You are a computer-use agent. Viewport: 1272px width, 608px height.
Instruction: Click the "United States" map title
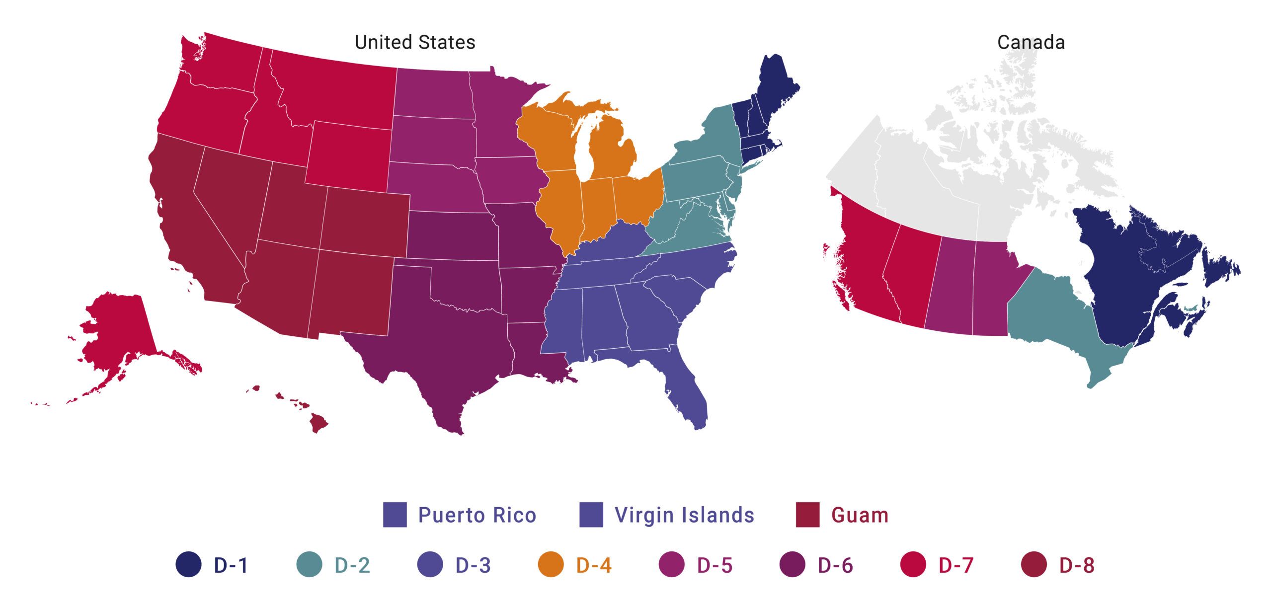tap(415, 43)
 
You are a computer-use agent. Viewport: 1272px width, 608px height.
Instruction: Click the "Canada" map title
tap(1031, 43)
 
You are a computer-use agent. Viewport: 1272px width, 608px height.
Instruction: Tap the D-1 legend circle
tap(189, 565)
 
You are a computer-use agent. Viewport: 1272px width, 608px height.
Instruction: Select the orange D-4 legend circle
tap(551, 565)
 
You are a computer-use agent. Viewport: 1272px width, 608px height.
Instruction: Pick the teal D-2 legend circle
tap(309, 565)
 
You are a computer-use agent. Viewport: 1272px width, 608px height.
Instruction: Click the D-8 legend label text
tap(1077, 565)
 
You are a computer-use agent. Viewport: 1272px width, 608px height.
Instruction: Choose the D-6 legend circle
tap(793, 565)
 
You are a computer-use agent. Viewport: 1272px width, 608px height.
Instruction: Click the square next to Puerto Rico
tap(395, 515)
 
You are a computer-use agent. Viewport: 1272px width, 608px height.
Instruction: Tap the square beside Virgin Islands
tap(591, 515)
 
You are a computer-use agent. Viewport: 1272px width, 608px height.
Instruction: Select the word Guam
tap(860, 515)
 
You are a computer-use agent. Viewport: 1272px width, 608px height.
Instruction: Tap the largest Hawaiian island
tap(318, 424)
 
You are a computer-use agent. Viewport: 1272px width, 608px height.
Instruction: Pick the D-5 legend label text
tap(715, 565)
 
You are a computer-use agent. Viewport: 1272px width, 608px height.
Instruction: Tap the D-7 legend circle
tap(913, 565)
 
